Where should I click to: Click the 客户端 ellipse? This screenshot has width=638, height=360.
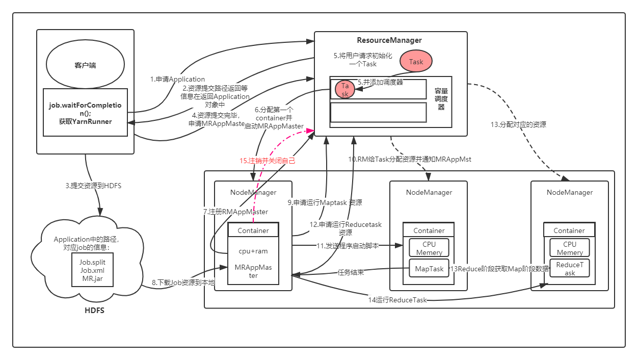[x=85, y=65]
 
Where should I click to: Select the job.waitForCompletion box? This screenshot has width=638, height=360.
[x=85, y=113]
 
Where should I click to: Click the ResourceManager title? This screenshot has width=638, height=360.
[x=389, y=40]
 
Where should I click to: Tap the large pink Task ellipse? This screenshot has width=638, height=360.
[x=416, y=62]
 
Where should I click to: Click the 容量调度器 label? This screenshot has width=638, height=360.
[x=441, y=99]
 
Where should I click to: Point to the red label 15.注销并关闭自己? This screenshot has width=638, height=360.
[x=268, y=160]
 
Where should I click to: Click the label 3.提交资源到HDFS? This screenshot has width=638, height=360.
[x=93, y=186]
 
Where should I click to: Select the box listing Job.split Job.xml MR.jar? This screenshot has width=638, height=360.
[x=92, y=270]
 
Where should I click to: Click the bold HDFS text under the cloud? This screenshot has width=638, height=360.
[x=94, y=310]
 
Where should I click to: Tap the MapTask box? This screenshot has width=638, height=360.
[x=429, y=268]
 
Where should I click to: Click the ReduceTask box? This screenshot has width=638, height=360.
[x=570, y=269]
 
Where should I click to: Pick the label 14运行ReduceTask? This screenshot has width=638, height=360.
[x=397, y=300]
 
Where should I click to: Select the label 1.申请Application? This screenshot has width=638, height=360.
[x=177, y=79]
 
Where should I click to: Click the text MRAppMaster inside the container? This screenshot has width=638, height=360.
[x=253, y=271]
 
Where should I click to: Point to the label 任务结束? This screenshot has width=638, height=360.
[x=351, y=272]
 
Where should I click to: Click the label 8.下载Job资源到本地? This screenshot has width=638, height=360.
[x=182, y=281]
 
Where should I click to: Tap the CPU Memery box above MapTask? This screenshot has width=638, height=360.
[x=429, y=248]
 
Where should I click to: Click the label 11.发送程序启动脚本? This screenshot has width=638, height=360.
[x=348, y=245]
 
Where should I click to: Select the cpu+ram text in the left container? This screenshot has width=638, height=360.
[x=253, y=251]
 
